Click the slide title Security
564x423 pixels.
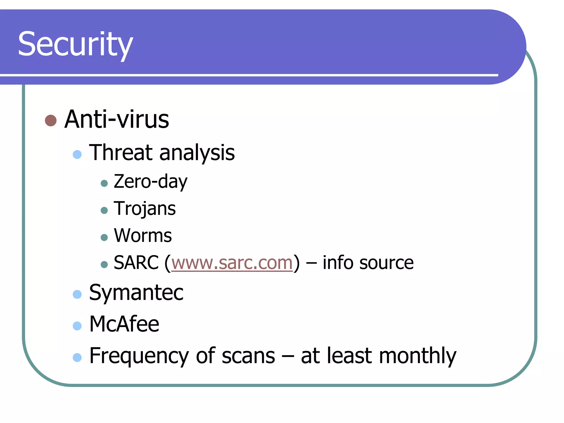tap(75, 44)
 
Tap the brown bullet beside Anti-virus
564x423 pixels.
tap(51, 120)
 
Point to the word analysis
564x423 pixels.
tap(197, 153)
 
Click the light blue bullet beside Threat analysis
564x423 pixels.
tap(77, 154)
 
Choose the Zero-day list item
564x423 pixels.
tap(150, 181)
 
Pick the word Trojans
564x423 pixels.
tap(145, 208)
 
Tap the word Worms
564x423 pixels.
tap(143, 235)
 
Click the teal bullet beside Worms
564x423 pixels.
tap(104, 237)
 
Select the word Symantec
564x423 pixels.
tap(136, 292)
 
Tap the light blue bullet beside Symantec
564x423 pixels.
tap(77, 294)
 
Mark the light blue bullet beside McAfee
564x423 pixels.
tap(77, 326)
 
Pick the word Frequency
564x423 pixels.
tap(139, 356)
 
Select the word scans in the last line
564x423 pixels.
tap(248, 356)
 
